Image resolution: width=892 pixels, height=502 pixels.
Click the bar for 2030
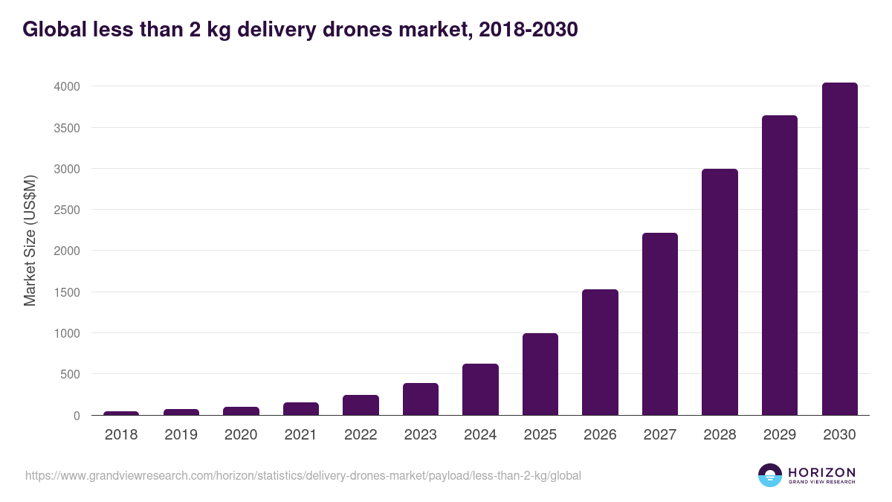pyautogui.click(x=839, y=249)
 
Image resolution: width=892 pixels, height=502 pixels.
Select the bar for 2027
pyautogui.click(x=660, y=324)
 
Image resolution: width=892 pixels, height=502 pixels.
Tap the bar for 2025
pyautogui.click(x=540, y=374)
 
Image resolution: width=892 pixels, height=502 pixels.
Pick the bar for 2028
pyautogui.click(x=720, y=292)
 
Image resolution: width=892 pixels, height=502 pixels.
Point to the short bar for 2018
pyautogui.click(x=121, y=413)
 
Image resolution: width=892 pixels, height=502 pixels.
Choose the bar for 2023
pyautogui.click(x=421, y=399)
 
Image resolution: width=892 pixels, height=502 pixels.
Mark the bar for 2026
pyautogui.click(x=600, y=353)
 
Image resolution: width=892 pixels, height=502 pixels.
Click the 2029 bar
pyautogui.click(x=780, y=266)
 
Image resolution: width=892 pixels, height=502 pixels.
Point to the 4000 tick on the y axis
pyautogui.click(x=66, y=87)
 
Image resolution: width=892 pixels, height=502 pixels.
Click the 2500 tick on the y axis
pyautogui.click(x=66, y=210)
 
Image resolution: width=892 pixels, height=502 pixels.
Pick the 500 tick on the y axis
pyautogui.click(x=68, y=375)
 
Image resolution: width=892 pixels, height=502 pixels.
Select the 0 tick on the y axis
pyautogui.click(x=76, y=416)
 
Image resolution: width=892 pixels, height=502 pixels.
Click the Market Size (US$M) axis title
pyautogui.click(x=30, y=241)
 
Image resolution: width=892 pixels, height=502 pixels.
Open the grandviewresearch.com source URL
pyautogui.click(x=303, y=475)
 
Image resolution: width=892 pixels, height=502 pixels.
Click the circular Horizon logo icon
pyautogui.click(x=770, y=475)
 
